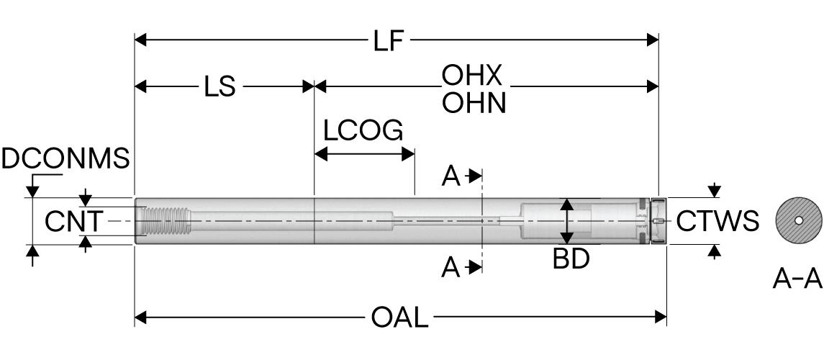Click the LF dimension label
389,42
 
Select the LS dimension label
219,88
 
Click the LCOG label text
363,131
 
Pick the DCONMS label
65,158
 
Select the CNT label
73,221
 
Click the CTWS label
717,222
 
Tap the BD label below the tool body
571,259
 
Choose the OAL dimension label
399,318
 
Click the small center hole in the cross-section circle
798,221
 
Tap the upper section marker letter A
451,176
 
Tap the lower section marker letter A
451,268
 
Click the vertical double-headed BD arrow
568,221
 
